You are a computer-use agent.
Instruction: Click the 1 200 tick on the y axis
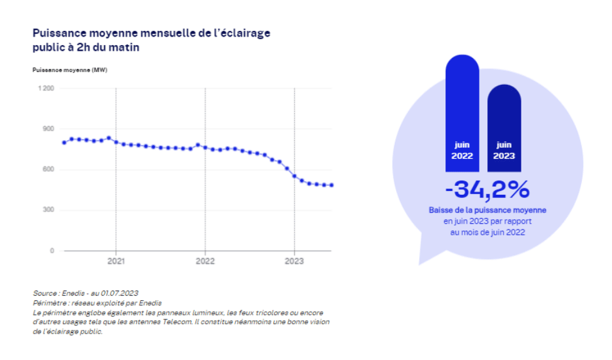46,88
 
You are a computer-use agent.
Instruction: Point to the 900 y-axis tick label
49,129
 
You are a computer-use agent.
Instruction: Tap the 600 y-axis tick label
49,170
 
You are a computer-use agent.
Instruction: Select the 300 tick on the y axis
49,210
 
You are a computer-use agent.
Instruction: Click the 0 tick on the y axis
52,251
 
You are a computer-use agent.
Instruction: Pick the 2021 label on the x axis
116,262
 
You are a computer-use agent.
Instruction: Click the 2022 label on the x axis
205,262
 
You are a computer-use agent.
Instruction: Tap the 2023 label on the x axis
294,262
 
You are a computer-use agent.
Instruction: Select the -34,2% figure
487,190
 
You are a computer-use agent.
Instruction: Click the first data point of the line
64,143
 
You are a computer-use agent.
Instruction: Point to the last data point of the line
332,185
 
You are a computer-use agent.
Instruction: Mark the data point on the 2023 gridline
294,176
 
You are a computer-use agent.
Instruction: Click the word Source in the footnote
45,293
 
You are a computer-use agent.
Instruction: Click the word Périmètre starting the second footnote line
49,302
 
